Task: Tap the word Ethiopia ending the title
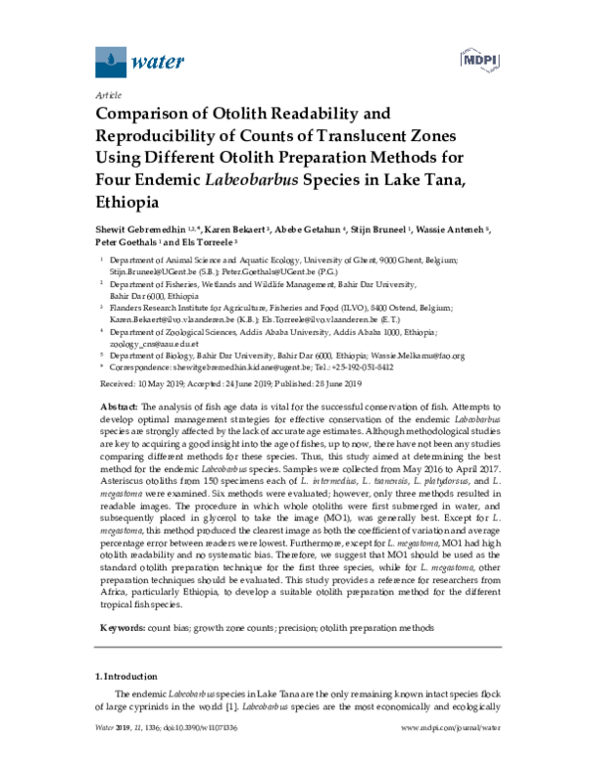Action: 126,201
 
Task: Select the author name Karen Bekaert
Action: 233,231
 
